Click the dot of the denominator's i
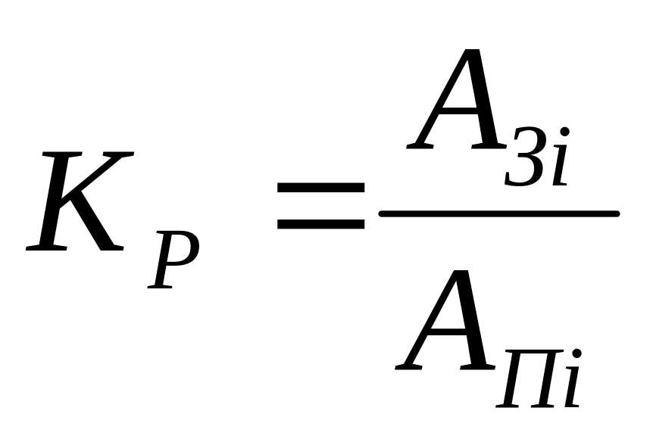pyautogui.click(x=577, y=353)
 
